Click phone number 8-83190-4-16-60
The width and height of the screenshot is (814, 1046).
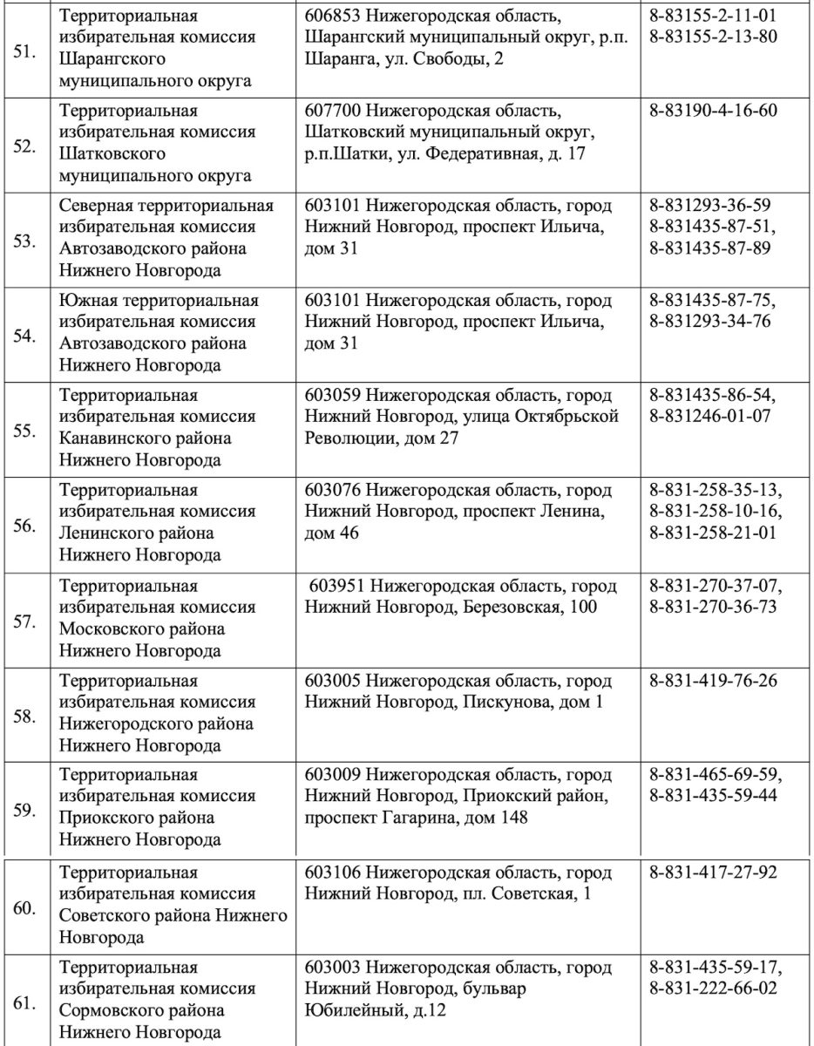(714, 111)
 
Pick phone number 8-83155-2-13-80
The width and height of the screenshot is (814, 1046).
(714, 37)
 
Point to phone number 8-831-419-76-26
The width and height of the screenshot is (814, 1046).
(714, 681)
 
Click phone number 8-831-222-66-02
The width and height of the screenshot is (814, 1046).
(714, 988)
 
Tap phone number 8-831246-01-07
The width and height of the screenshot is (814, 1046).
(710, 416)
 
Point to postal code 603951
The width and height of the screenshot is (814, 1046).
(336, 586)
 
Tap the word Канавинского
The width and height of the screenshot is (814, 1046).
(114, 437)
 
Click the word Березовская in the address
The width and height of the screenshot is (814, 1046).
(512, 607)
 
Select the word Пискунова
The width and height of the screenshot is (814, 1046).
(505, 702)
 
